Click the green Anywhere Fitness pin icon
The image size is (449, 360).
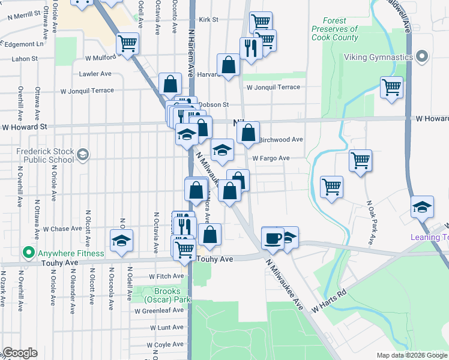28,253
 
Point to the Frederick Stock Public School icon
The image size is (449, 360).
82,155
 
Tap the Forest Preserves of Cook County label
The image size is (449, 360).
334,29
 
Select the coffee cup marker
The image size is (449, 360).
273,237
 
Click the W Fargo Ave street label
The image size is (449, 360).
271,158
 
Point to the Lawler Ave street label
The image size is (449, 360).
95,74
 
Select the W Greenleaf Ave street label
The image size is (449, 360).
159,311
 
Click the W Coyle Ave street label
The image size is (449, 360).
166,345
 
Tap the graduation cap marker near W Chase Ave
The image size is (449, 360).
121,241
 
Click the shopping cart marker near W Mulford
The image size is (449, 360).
127,43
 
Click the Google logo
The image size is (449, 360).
19,353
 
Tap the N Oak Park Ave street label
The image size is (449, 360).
370,223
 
